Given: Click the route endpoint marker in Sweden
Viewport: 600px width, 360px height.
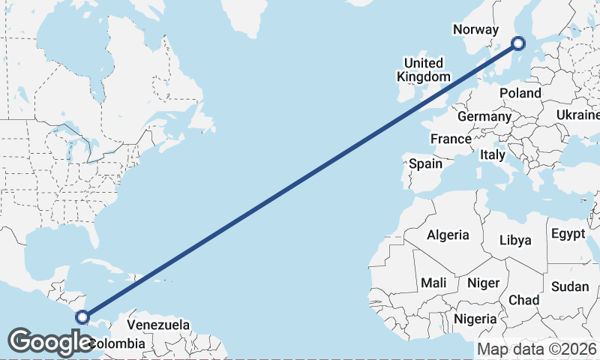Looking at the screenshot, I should [517, 43].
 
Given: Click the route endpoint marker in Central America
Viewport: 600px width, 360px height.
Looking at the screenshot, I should [82, 317].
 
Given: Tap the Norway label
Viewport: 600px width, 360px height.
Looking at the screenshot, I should [475, 30].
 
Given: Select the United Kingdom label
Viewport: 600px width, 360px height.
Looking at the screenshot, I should [424, 70].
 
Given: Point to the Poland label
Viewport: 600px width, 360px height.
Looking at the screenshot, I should [520, 93].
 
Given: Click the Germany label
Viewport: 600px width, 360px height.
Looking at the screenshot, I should [484, 117].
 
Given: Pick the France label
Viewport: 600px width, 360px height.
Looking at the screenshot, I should [451, 139].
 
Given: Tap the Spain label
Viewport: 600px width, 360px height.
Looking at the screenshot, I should [425, 163].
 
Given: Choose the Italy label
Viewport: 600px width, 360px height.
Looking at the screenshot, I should [492, 154].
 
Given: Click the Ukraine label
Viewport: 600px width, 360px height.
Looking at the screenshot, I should [577, 115].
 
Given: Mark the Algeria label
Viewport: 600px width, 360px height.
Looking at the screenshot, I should [448, 235].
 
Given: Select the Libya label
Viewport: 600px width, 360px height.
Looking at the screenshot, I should [515, 240].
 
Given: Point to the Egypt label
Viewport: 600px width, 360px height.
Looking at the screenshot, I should [568, 234].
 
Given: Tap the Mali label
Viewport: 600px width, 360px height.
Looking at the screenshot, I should [434, 283].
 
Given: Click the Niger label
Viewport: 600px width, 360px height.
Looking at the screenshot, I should [483, 283].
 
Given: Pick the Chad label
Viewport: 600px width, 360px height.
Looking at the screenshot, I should [523, 300].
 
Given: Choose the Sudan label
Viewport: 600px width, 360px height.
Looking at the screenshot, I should [570, 286].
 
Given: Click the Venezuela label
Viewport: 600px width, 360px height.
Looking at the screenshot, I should [157, 325].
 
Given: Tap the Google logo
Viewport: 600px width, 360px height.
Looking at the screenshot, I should [50, 342].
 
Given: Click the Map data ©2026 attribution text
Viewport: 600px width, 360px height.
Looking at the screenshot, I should [537, 349].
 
